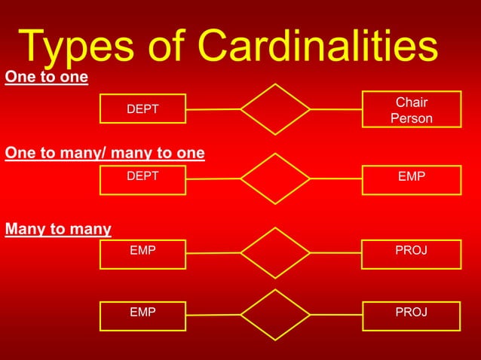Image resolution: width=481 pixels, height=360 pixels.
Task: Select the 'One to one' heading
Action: [46, 78]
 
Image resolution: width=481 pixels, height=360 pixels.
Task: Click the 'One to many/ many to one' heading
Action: [105, 154]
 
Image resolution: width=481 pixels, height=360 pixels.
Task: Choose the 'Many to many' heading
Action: [58, 229]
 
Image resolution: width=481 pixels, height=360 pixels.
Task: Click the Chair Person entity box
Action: [411, 110]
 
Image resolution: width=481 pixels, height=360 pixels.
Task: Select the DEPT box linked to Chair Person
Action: [142, 109]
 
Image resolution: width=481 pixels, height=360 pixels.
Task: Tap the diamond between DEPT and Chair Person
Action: [275, 109]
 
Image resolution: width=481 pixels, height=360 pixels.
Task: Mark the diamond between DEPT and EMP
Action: [275, 178]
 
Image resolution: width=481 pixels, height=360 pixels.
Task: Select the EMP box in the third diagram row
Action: [142, 253]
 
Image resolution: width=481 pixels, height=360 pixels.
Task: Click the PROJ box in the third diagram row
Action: [411, 253]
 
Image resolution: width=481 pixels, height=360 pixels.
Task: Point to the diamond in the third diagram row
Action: [275, 252]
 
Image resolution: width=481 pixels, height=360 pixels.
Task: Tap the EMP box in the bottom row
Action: [142, 315]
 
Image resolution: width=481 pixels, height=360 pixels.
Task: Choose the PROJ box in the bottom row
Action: [411, 315]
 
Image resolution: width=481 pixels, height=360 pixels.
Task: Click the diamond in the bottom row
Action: [275, 314]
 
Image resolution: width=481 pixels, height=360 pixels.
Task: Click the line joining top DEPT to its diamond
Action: [213, 109]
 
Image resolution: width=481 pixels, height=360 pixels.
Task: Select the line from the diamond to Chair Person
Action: [335, 109]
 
